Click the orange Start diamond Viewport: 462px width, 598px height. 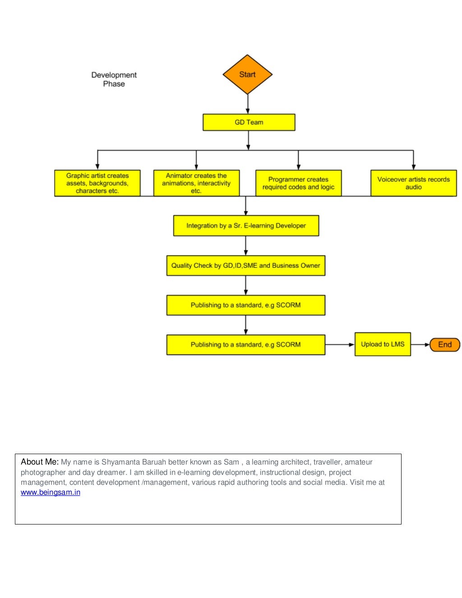click(247, 74)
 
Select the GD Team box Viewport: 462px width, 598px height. click(249, 122)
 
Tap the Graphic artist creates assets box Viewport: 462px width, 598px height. click(97, 183)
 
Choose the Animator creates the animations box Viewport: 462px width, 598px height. click(196, 183)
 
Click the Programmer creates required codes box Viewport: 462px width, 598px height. click(298, 183)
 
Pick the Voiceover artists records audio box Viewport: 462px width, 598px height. click(413, 183)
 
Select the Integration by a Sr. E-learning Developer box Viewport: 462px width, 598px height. click(246, 225)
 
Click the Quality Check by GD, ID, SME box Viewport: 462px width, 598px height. click(245, 266)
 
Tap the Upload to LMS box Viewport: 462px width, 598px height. click(383, 344)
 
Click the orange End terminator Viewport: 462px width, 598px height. click(444, 345)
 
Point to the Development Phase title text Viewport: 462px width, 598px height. click(114, 79)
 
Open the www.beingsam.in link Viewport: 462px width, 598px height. click(51, 492)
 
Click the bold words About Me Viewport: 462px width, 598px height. click(40, 462)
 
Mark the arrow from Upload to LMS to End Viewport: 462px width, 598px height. click(420, 345)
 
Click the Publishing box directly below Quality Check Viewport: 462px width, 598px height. click(245, 305)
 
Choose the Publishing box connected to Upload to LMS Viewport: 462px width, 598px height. click(245, 345)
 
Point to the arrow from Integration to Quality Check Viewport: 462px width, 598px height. click(246, 246)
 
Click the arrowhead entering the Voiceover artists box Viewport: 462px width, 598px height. click(413, 167)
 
